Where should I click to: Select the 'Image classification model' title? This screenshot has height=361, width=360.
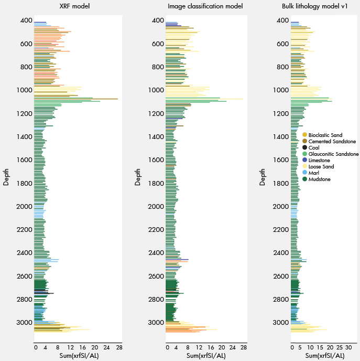pos(205,6)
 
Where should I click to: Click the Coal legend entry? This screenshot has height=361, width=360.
pos(318,148)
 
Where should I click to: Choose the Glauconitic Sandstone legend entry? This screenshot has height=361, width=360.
pos(333,154)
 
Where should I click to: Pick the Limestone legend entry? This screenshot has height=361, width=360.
pos(322,161)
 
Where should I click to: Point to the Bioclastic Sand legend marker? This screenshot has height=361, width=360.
pos(305,135)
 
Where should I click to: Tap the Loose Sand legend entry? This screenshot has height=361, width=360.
pos(322,167)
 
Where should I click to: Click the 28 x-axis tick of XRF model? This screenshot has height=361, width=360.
pos(119,347)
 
